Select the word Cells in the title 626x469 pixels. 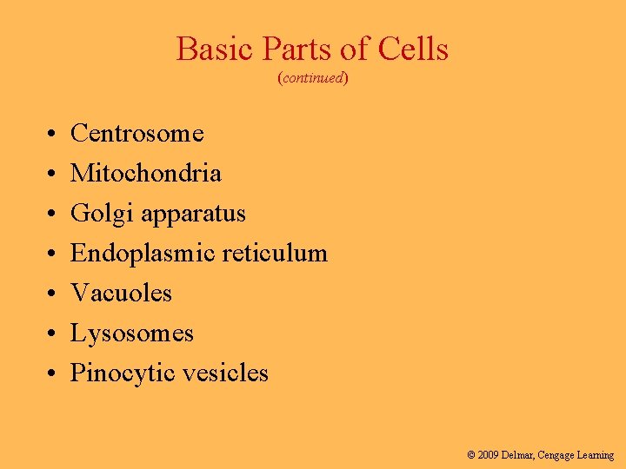pos(412,50)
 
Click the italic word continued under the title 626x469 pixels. pos(313,78)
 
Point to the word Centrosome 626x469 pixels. pos(137,133)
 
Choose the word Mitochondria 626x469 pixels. pos(146,173)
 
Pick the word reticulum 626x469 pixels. pos(275,254)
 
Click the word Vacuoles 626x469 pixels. pos(121,293)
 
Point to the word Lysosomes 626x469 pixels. pos(132,334)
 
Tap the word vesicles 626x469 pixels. pos(228,373)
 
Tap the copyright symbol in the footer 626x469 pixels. pos(471,454)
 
